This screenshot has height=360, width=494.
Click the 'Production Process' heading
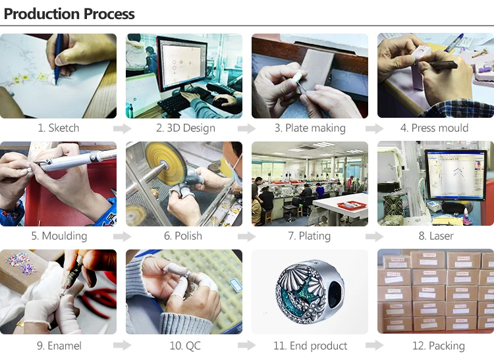[x=69, y=14]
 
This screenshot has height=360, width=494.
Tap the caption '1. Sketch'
[x=59, y=128]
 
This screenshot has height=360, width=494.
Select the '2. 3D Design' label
[x=186, y=128]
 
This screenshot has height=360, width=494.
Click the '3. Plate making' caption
[x=310, y=128]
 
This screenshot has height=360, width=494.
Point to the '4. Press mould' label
[x=434, y=128]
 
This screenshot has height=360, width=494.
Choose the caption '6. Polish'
[x=182, y=236]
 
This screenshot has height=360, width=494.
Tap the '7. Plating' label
[x=309, y=236]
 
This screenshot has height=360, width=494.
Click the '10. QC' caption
[x=185, y=346]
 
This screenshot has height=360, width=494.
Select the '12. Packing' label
[x=438, y=346]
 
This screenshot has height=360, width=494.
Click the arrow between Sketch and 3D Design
[x=123, y=128]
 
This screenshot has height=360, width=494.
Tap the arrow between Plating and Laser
[x=374, y=236]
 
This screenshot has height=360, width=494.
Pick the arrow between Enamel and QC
[x=123, y=346]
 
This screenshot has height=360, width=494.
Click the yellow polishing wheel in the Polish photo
[x=165, y=163]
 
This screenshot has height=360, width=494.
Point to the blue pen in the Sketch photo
[x=58, y=59]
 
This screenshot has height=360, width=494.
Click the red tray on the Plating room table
[x=352, y=205]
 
